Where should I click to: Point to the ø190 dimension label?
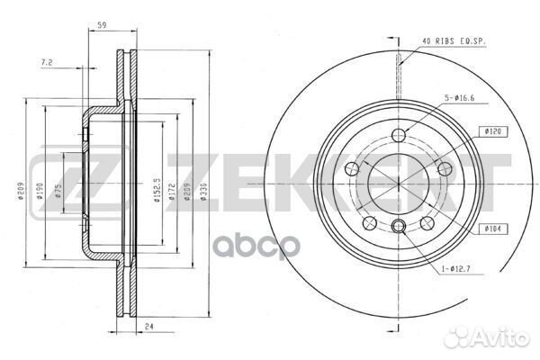coord(39,191)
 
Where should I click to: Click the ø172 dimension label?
coord(171,191)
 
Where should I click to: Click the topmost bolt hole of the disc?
coord(400,135)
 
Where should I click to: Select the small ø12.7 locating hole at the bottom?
coord(399,225)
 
